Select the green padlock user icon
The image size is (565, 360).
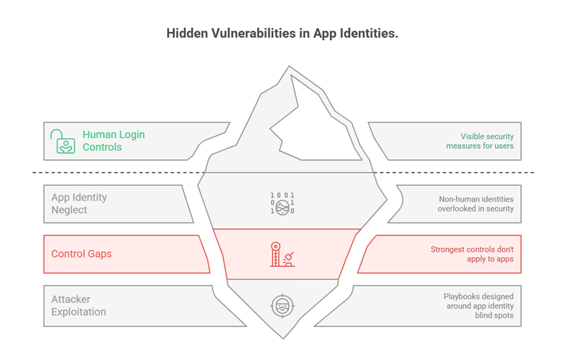(64, 141)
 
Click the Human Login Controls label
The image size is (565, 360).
(113, 141)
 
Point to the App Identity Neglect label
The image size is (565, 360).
(79, 203)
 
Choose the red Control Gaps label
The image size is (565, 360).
(81, 254)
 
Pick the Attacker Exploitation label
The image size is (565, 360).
(79, 305)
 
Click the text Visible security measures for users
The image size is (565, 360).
(479, 141)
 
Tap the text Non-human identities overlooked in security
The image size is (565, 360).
(475, 203)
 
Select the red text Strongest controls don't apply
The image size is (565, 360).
(471, 254)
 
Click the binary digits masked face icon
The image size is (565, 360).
(282, 203)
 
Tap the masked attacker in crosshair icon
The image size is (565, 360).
(282, 305)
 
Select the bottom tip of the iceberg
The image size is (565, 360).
(283, 335)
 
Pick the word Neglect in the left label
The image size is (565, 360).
(70, 210)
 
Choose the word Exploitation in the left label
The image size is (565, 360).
(79, 312)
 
